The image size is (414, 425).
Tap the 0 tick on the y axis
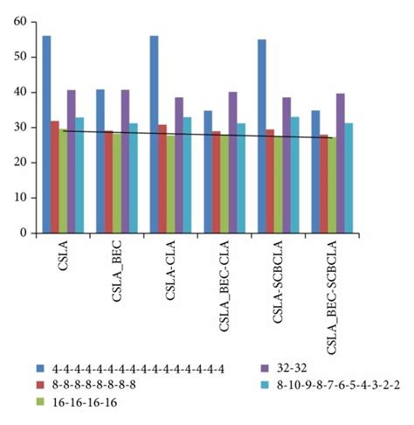[27, 233]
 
